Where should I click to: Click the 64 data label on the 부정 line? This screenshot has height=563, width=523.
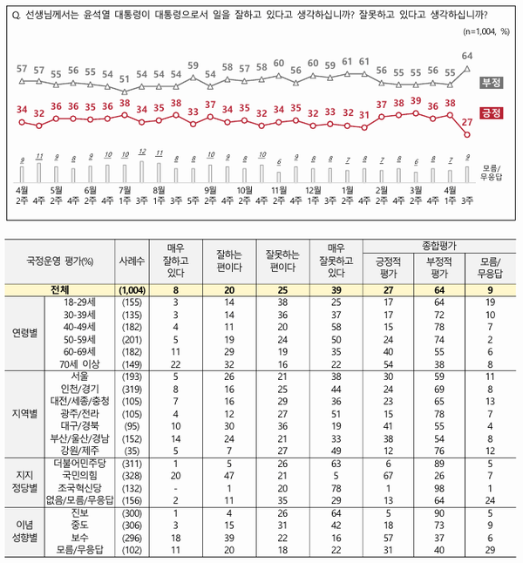click(467, 56)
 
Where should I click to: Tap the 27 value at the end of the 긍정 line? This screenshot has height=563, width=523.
click(467, 123)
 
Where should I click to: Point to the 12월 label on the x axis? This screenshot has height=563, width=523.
click(312, 189)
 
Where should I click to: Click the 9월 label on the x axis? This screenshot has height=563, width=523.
click(210, 189)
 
